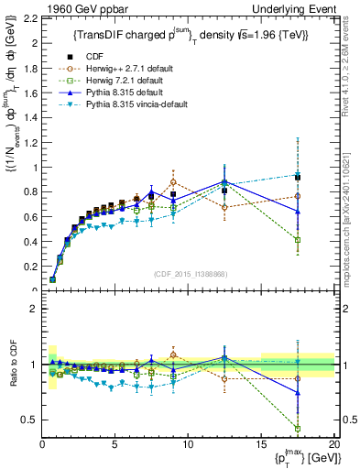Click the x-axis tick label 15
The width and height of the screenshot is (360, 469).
(x=261, y=443)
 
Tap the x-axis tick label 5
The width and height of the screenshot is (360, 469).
(x=115, y=443)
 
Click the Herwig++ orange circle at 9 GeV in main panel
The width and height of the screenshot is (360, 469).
(x=173, y=182)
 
